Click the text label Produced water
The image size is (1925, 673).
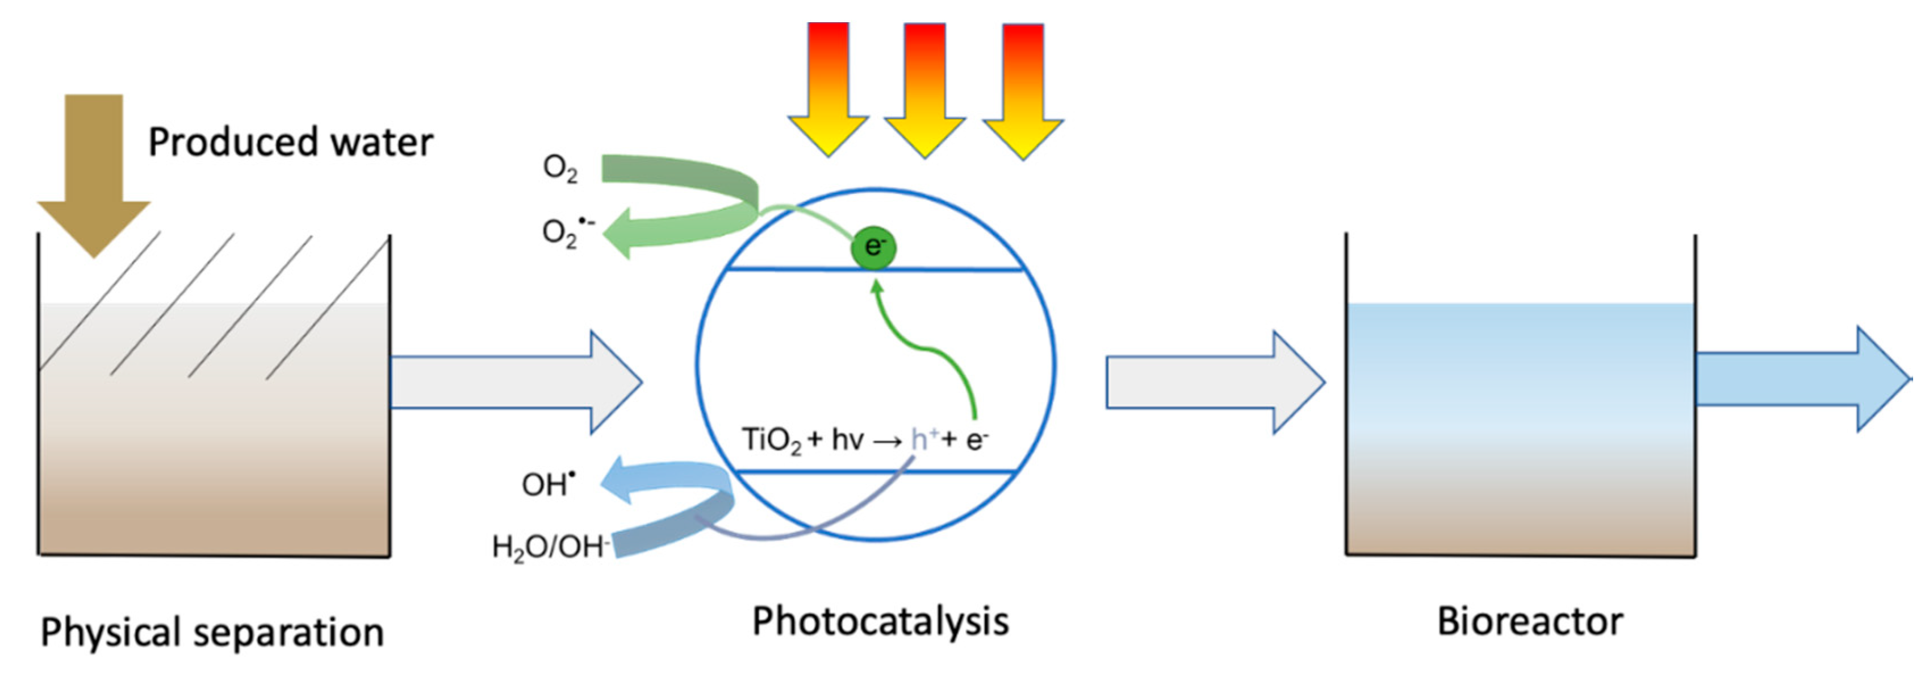coord(290,142)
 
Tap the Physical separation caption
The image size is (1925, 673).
coord(212,633)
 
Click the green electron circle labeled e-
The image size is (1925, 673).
coord(873,247)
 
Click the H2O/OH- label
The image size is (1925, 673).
coord(549,547)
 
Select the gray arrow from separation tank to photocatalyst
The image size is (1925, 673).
coord(516,382)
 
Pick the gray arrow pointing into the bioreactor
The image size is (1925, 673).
coord(1214,382)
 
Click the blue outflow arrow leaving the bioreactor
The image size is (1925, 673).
coord(1801,379)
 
